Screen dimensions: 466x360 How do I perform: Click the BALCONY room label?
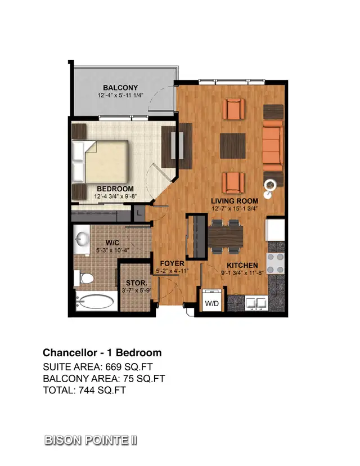(120, 88)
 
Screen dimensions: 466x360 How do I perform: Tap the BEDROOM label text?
(115, 189)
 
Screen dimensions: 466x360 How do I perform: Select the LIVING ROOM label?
(235, 201)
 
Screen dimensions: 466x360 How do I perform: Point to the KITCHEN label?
(242, 266)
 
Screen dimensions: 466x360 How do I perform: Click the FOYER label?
(173, 263)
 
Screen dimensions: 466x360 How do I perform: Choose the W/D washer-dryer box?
(213, 302)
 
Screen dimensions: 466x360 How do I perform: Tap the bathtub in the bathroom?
(93, 302)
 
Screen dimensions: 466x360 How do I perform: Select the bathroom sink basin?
(82, 239)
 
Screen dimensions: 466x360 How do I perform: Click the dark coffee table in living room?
(233, 144)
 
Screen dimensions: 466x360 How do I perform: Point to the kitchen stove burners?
(276, 262)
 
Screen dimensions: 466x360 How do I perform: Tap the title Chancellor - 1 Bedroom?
(102, 353)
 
